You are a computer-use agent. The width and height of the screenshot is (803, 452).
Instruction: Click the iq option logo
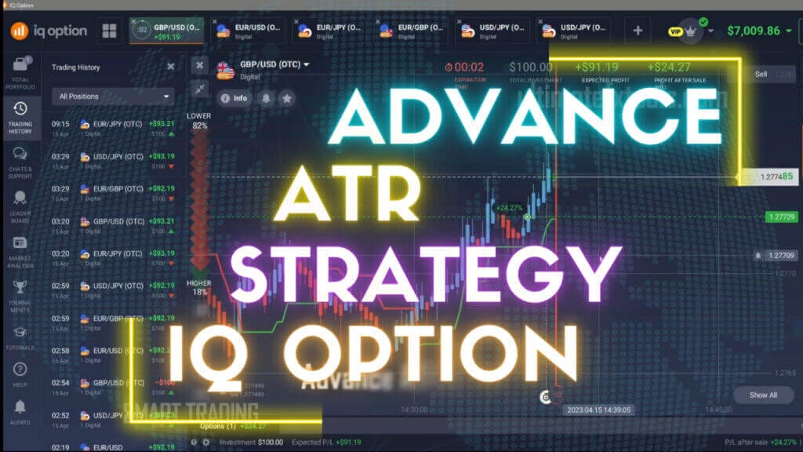pos(49,31)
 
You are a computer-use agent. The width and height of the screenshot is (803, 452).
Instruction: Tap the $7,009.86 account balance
pos(753,31)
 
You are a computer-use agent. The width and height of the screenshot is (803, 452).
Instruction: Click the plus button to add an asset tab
pos(638,31)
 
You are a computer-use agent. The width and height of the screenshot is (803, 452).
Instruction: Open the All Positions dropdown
pos(112,97)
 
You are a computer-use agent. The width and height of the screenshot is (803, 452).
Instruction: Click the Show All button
pos(762,395)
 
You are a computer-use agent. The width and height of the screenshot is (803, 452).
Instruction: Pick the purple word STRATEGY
pos(420,271)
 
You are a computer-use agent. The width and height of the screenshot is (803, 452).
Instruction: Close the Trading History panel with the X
pos(171,67)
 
